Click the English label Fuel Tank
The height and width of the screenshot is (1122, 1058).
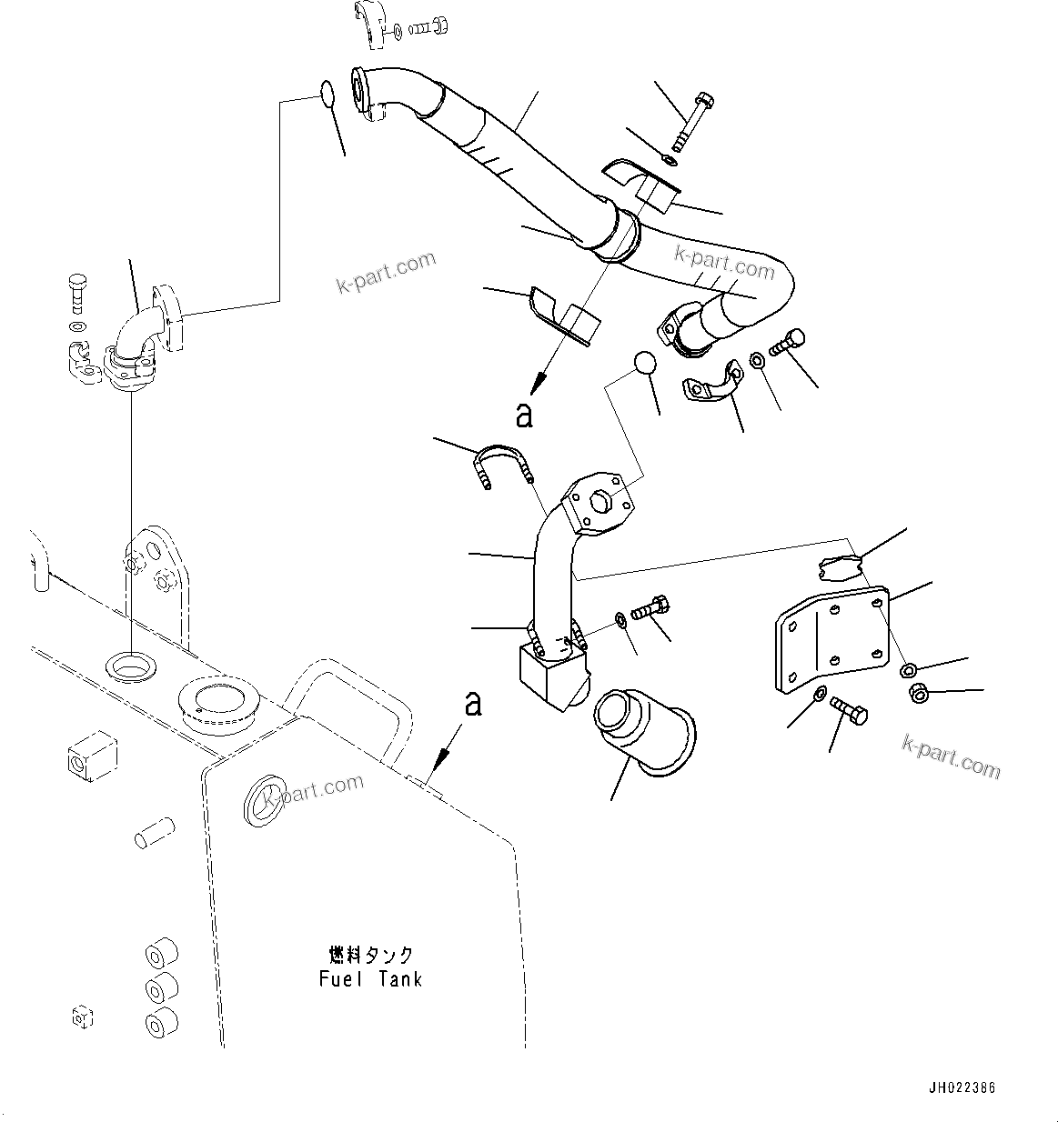click(x=370, y=979)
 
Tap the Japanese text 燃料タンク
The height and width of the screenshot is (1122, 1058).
click(x=370, y=956)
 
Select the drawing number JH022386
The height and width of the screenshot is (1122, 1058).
click(x=962, y=1087)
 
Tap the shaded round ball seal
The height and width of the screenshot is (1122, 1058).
click(x=644, y=363)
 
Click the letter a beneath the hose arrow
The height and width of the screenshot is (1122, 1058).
click(x=523, y=415)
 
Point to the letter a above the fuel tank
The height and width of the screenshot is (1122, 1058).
click(x=472, y=703)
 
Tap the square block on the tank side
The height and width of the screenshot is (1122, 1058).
click(x=93, y=755)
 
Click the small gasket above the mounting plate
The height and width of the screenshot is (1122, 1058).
click(x=838, y=566)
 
